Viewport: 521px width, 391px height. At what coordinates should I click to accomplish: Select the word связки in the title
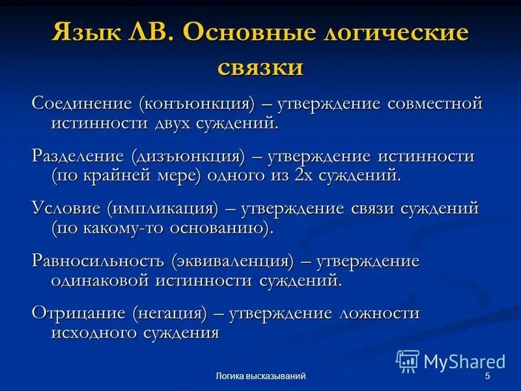[260, 66]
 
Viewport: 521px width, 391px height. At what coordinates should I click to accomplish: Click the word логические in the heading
[394, 33]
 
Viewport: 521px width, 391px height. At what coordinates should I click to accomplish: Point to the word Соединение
[81, 104]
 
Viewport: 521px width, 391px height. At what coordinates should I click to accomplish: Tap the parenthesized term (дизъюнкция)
[188, 157]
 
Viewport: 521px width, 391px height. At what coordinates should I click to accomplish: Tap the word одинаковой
[101, 280]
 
